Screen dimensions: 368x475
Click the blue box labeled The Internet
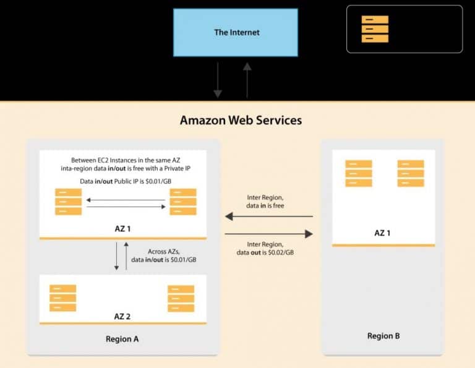click(237, 32)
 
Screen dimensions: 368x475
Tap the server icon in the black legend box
click(375, 29)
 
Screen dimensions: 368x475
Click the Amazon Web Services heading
click(241, 120)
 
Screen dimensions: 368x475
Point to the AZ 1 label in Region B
click(383, 233)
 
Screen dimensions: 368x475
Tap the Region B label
click(383, 336)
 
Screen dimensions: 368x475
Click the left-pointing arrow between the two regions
click(268, 216)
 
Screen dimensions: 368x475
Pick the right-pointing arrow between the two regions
click(268, 234)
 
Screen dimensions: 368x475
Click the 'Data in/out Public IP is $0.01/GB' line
click(126, 180)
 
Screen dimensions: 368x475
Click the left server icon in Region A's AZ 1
click(68, 202)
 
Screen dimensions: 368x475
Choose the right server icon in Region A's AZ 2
click(181, 298)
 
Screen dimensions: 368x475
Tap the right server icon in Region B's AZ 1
click(411, 173)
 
